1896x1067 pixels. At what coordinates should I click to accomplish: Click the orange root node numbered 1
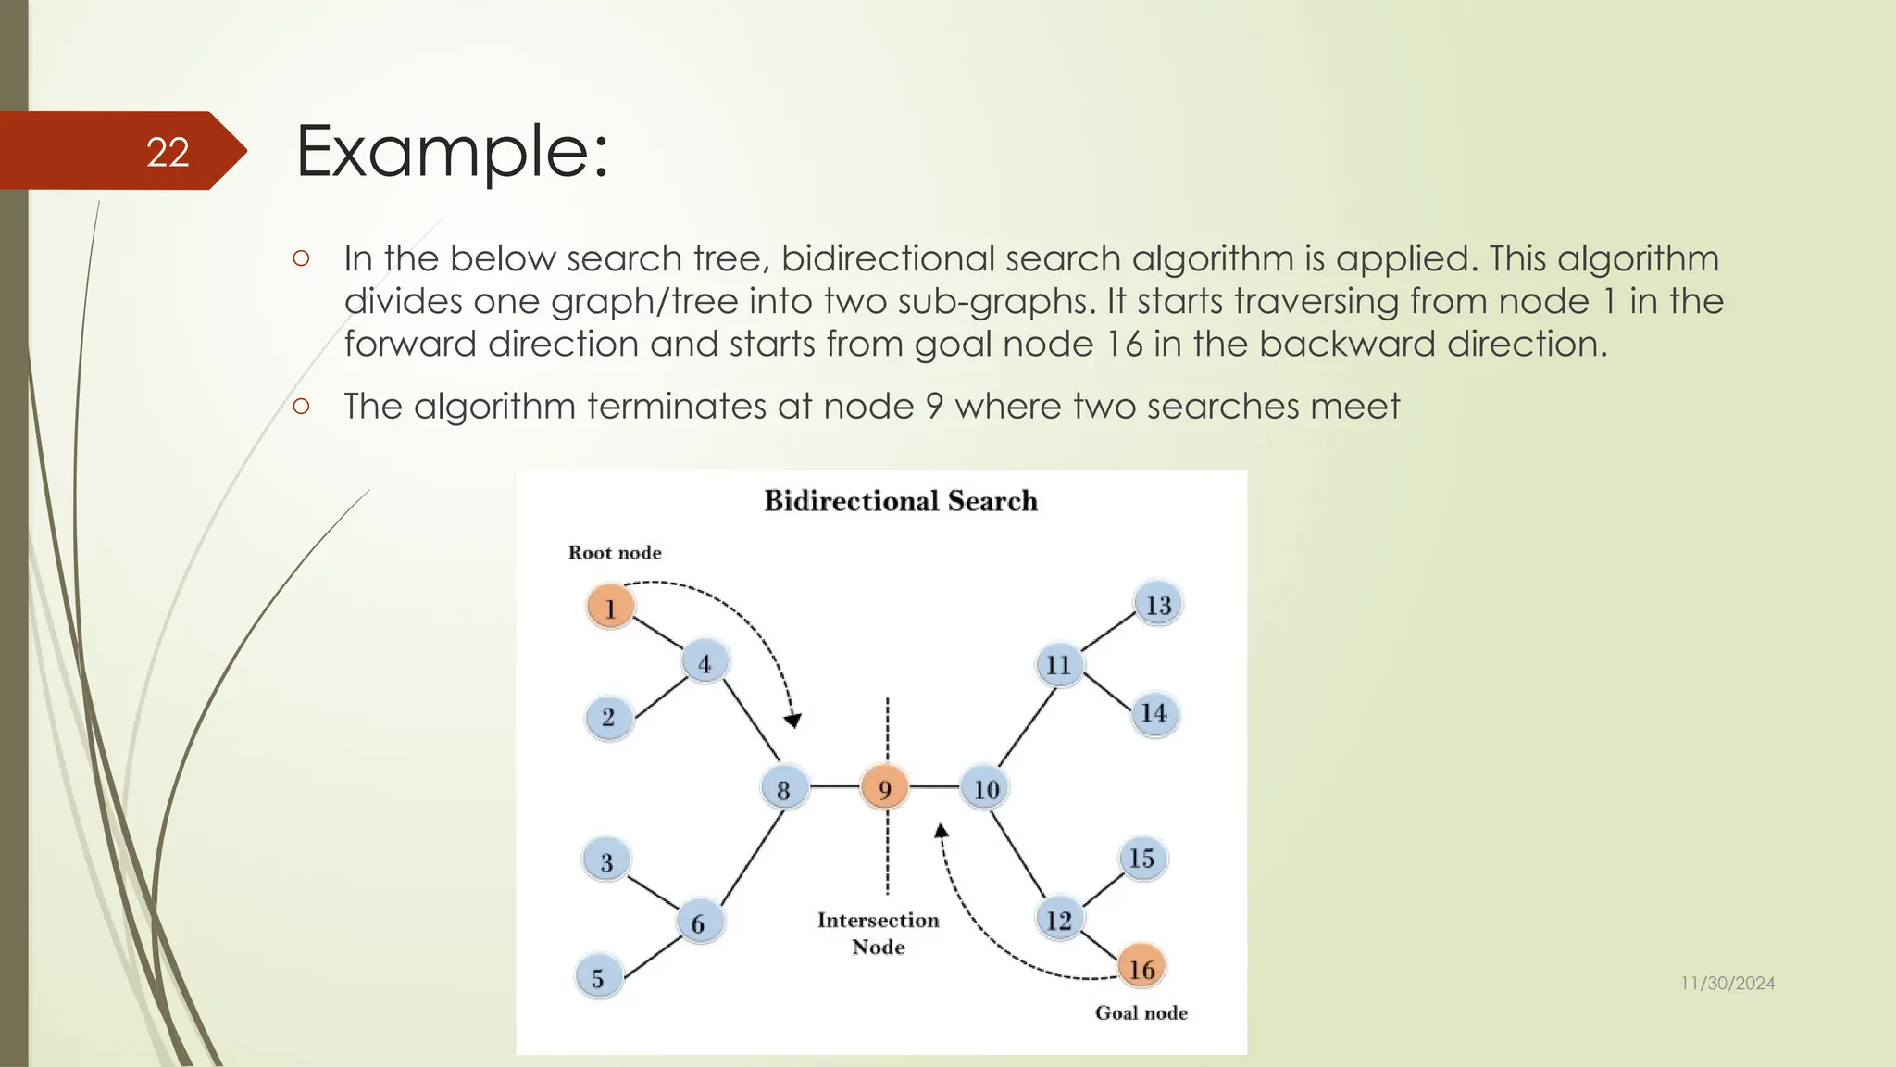(x=610, y=607)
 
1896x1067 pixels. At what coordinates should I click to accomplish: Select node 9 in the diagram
(x=884, y=788)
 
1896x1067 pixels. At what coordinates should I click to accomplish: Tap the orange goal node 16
(x=1141, y=968)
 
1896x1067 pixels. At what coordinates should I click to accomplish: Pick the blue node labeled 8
(x=783, y=789)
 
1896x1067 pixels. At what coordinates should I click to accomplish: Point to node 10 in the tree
(x=985, y=788)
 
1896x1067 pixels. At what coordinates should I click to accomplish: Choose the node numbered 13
(x=1158, y=604)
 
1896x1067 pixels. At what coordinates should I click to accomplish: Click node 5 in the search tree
(x=598, y=977)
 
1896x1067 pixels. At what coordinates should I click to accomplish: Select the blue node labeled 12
(x=1058, y=919)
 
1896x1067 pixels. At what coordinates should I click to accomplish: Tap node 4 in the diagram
(x=705, y=662)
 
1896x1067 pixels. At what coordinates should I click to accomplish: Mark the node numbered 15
(x=1141, y=858)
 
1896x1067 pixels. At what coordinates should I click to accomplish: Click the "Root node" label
(x=615, y=553)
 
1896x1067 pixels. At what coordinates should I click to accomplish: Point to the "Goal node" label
(x=1141, y=1012)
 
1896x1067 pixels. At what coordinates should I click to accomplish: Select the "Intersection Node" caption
(x=878, y=933)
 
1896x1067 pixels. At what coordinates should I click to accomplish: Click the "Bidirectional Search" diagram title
(x=901, y=501)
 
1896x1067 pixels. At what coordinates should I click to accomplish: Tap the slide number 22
(x=168, y=152)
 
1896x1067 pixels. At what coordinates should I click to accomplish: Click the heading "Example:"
(x=452, y=151)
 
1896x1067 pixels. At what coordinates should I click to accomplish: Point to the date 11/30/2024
(x=1728, y=984)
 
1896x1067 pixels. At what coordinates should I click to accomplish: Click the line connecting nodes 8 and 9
(x=834, y=787)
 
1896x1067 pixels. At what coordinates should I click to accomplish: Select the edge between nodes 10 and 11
(x=1026, y=728)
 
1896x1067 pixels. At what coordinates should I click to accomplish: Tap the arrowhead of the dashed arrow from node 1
(x=792, y=721)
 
